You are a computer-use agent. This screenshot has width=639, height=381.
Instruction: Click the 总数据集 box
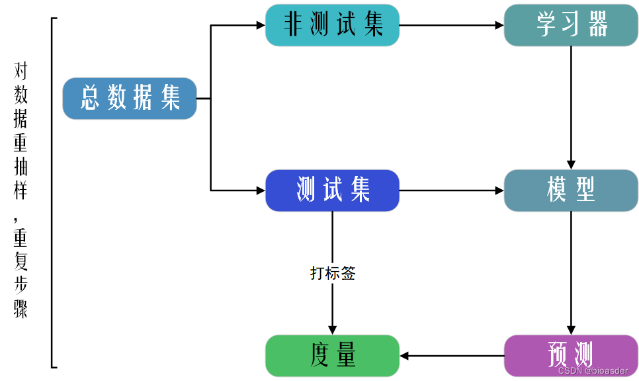click(x=130, y=99)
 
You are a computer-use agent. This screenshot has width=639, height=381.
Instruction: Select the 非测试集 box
click(x=332, y=25)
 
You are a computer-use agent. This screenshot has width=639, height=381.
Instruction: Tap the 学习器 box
click(x=571, y=25)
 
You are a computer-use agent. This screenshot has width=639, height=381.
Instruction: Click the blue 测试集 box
click(x=332, y=190)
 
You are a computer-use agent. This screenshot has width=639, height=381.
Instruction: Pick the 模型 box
click(x=571, y=190)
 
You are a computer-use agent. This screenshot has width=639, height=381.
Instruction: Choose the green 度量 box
click(x=332, y=356)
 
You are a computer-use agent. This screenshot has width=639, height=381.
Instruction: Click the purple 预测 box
click(x=571, y=356)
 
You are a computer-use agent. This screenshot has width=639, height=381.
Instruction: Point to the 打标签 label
click(x=333, y=273)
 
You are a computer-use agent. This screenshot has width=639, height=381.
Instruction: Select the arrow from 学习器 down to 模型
click(x=571, y=106)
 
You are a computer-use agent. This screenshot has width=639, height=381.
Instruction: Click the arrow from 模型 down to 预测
click(x=571, y=271)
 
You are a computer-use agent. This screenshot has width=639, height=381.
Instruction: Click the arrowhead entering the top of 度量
click(x=333, y=329)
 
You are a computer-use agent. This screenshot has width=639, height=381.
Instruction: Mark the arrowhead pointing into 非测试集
click(x=260, y=26)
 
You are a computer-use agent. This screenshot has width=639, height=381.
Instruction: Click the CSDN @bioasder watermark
click(x=593, y=371)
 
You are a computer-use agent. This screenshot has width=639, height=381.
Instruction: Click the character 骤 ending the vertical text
click(x=21, y=310)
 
